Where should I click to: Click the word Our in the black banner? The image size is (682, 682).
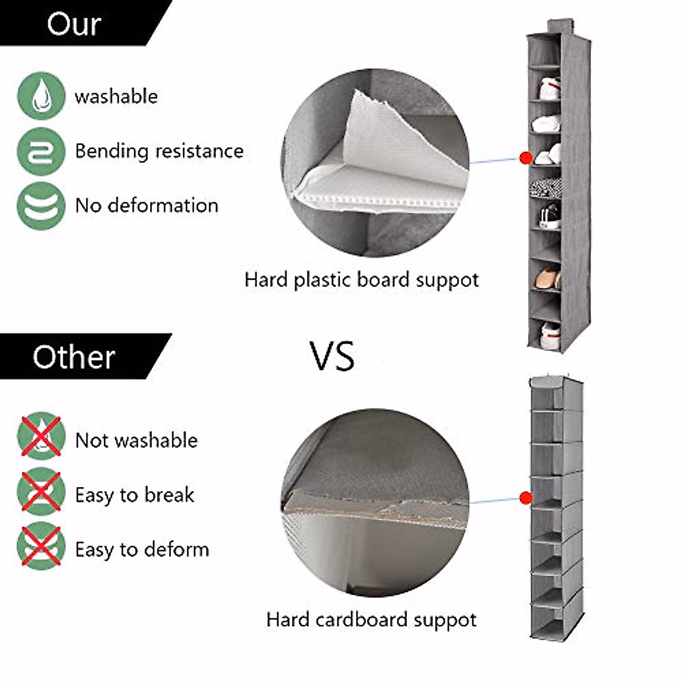pyautogui.click(x=74, y=24)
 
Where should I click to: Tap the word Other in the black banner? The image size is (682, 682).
pyautogui.click(x=74, y=357)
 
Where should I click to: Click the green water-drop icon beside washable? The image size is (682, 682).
pyautogui.click(x=41, y=95)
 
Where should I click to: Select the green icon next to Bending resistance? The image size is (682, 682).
pyautogui.click(x=41, y=151)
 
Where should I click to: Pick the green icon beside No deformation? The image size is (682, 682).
pyautogui.click(x=41, y=205)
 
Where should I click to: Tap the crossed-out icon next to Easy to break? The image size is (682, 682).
pyautogui.click(x=41, y=492)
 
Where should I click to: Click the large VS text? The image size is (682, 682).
pyautogui.click(x=332, y=356)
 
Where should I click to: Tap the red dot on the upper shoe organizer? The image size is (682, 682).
pyautogui.click(x=526, y=157)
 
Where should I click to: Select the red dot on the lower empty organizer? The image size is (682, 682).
pyautogui.click(x=526, y=498)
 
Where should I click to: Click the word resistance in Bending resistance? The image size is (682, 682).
pyautogui.click(x=199, y=151)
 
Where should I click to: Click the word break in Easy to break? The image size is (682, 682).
pyautogui.click(x=169, y=495)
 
